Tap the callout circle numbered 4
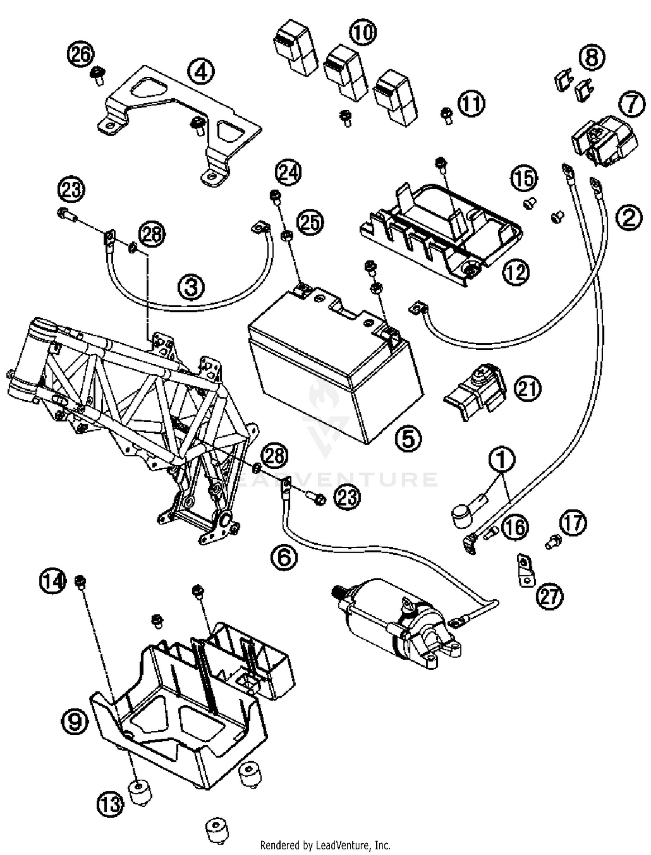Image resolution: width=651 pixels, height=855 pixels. [x=201, y=72]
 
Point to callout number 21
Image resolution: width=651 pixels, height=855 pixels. [x=528, y=388]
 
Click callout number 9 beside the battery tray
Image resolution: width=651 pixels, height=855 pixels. [x=75, y=722]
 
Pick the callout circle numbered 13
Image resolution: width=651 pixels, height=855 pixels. [x=110, y=804]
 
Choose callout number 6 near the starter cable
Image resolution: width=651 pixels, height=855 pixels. [x=284, y=557]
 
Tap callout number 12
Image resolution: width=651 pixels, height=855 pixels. [x=516, y=272]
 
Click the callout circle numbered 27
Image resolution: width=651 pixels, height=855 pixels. [x=550, y=596]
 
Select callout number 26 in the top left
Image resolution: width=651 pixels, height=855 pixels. [x=80, y=55]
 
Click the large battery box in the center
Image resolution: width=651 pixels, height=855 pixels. [x=334, y=365]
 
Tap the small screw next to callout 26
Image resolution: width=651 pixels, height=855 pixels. [x=98, y=77]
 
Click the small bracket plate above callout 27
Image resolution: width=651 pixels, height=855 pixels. [x=526, y=569]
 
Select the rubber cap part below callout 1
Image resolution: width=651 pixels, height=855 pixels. [x=462, y=516]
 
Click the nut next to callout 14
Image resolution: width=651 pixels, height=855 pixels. [x=80, y=580]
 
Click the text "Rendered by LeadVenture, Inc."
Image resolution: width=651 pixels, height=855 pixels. [x=325, y=845]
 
